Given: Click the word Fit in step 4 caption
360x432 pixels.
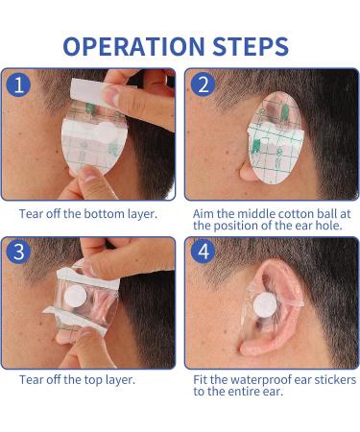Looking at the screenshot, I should (x=201, y=379).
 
